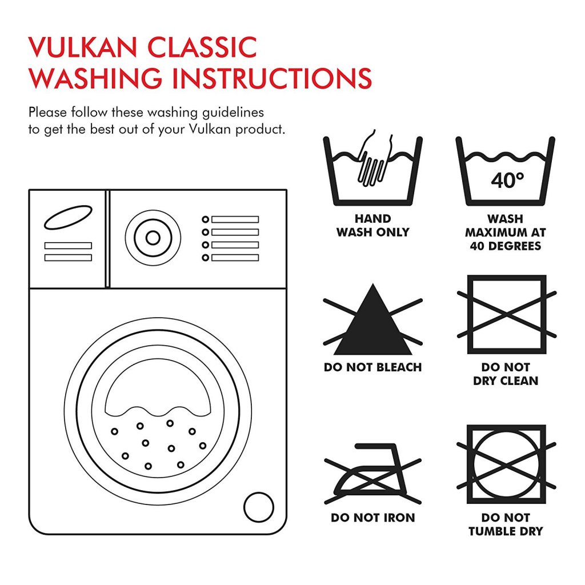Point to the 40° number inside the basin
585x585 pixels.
pyautogui.click(x=507, y=180)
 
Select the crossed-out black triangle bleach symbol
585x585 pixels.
pyautogui.click(x=372, y=319)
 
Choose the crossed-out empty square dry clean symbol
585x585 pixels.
pyautogui.click(x=507, y=315)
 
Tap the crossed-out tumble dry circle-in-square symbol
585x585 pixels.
pyautogui.click(x=506, y=464)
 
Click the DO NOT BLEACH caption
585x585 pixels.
pyautogui.click(x=372, y=367)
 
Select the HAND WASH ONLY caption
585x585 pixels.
pyautogui.click(x=372, y=225)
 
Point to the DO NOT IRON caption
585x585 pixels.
pyautogui.click(x=372, y=518)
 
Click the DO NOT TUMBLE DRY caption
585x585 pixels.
pyautogui.click(x=506, y=524)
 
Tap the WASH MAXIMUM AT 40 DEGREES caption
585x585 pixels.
pyautogui.click(x=506, y=232)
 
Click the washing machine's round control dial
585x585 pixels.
pyautogui.click(x=153, y=238)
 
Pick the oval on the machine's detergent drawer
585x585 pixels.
pyautogui.click(x=68, y=217)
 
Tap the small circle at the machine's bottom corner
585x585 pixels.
pyautogui.click(x=259, y=507)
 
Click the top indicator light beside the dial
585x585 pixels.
pyautogui.click(x=205, y=219)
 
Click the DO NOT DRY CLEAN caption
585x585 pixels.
pyautogui.click(x=506, y=374)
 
